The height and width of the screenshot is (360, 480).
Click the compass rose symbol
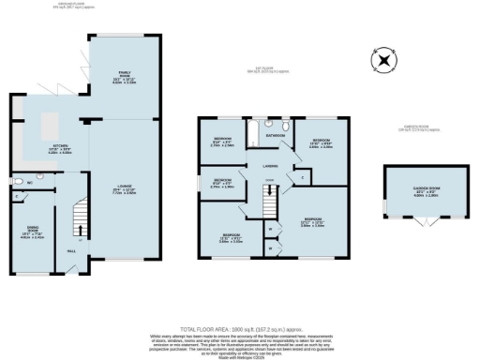pos(382,63)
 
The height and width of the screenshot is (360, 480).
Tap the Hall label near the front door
pos(70,250)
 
